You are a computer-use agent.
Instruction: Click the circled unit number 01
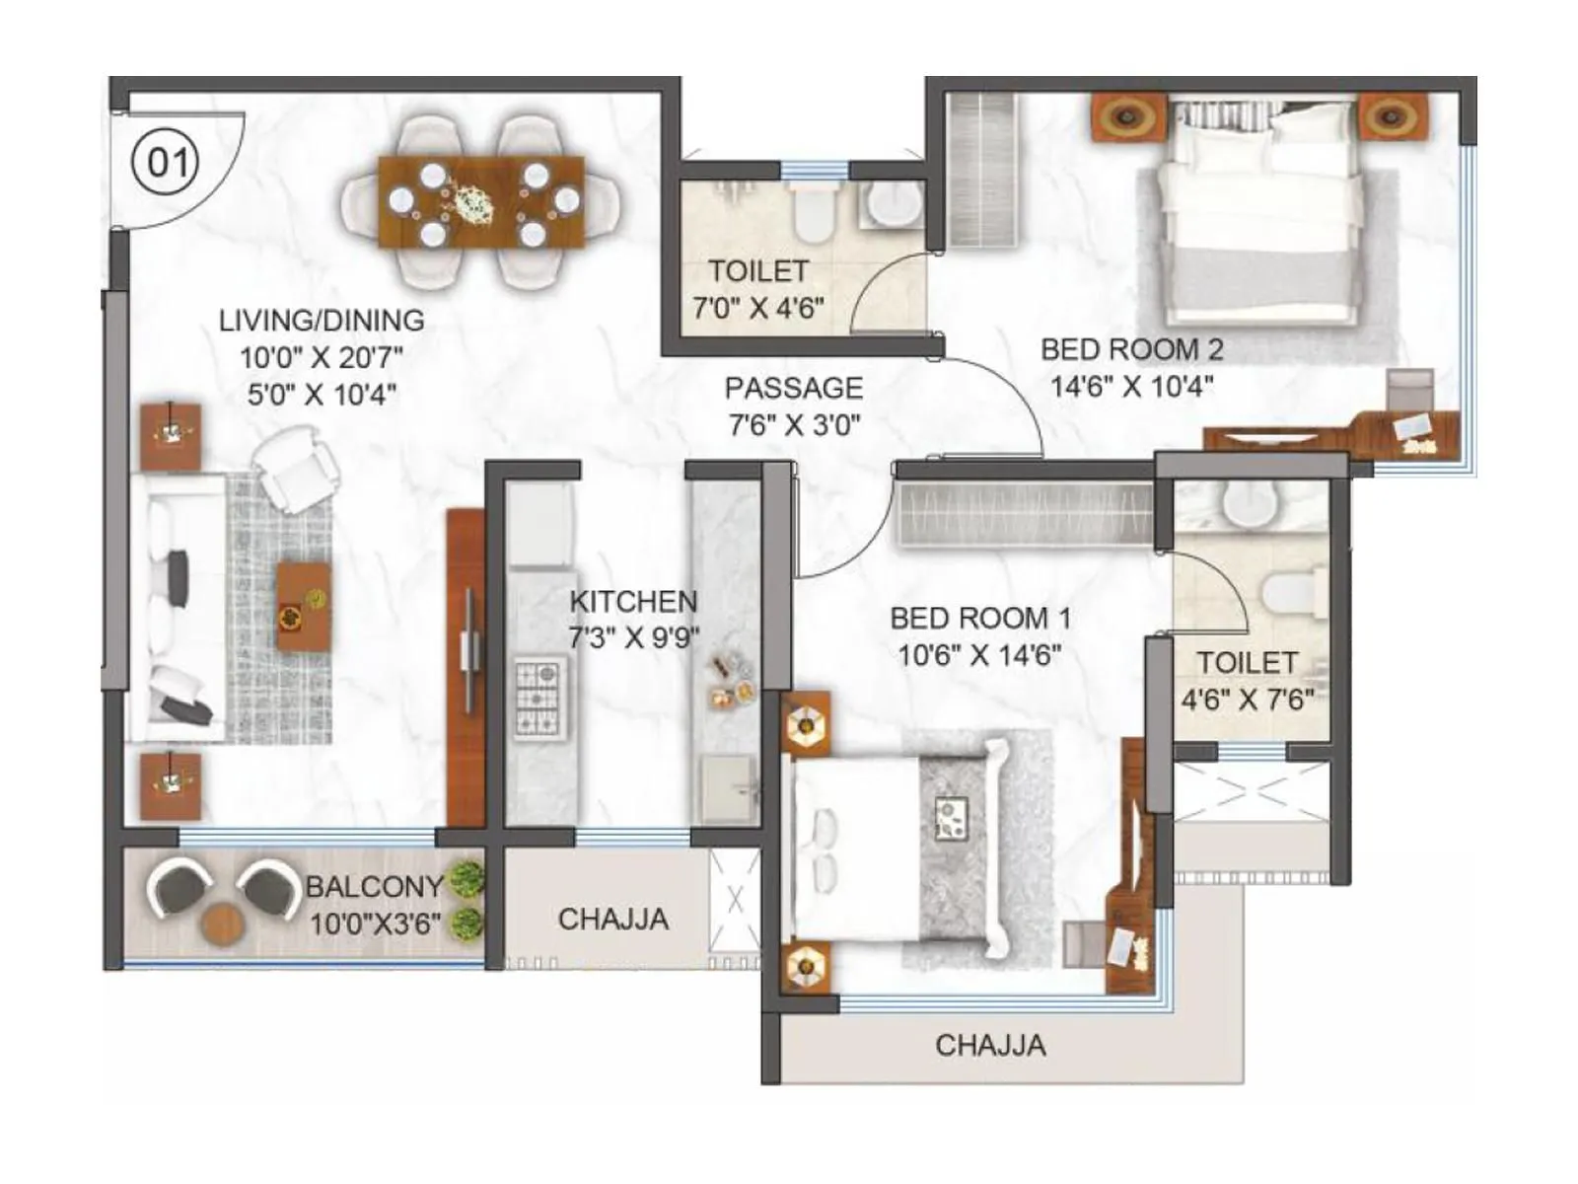[166, 161]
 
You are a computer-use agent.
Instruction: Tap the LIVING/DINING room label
[322, 321]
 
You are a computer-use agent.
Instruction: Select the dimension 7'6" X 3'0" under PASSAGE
[794, 425]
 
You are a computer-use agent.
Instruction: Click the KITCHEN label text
[633, 601]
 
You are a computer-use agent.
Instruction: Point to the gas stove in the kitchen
[539, 699]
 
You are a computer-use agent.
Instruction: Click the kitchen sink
[728, 786]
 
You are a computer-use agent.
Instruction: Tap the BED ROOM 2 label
[1131, 349]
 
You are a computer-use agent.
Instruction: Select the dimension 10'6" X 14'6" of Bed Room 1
[979, 654]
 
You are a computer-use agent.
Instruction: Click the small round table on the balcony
[222, 922]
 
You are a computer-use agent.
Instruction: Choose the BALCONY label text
[374, 886]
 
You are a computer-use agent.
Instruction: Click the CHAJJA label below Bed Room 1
[990, 1045]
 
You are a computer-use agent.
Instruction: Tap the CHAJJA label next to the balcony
[612, 920]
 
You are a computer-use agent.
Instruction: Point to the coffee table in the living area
[303, 606]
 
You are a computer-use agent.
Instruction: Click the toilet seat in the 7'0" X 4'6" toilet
[815, 213]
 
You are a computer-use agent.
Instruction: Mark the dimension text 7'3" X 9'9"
[633, 637]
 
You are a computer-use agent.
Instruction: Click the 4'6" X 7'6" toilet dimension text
[1248, 700]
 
